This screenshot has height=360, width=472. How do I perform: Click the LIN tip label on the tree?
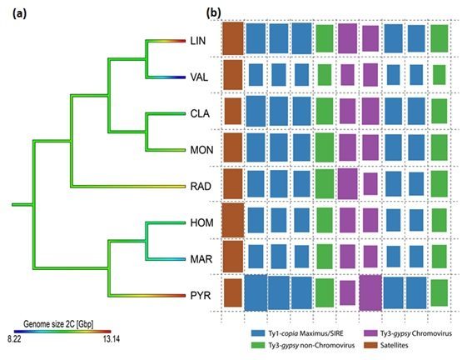[x=198, y=41]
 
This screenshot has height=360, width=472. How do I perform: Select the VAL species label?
[x=199, y=77]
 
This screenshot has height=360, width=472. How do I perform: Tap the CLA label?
[x=200, y=113]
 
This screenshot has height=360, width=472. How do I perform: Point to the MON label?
[x=201, y=150]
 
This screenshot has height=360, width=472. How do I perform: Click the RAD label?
[x=201, y=187]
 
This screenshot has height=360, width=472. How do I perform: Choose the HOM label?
[x=201, y=223]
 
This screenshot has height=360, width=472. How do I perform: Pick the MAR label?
[x=201, y=259]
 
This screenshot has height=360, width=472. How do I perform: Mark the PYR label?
[x=201, y=296]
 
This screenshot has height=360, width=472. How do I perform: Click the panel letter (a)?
[x=20, y=14]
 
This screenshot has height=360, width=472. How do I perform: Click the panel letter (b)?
[x=214, y=12]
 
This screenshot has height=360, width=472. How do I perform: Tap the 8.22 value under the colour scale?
[x=14, y=339]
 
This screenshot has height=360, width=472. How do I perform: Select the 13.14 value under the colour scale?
[x=111, y=339]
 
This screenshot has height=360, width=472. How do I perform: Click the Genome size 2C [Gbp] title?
[x=58, y=324]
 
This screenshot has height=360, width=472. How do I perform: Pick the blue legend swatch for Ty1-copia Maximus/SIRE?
[x=257, y=333]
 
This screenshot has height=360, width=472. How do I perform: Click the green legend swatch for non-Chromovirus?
[x=257, y=345]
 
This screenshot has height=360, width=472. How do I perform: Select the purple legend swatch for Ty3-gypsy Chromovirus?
[x=370, y=333]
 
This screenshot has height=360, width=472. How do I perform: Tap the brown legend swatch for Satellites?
[x=370, y=345]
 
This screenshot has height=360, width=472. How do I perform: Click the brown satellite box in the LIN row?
[x=233, y=38]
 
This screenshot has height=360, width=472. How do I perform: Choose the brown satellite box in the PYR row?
[x=232, y=292]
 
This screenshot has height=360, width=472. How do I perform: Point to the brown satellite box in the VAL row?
[x=233, y=75]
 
